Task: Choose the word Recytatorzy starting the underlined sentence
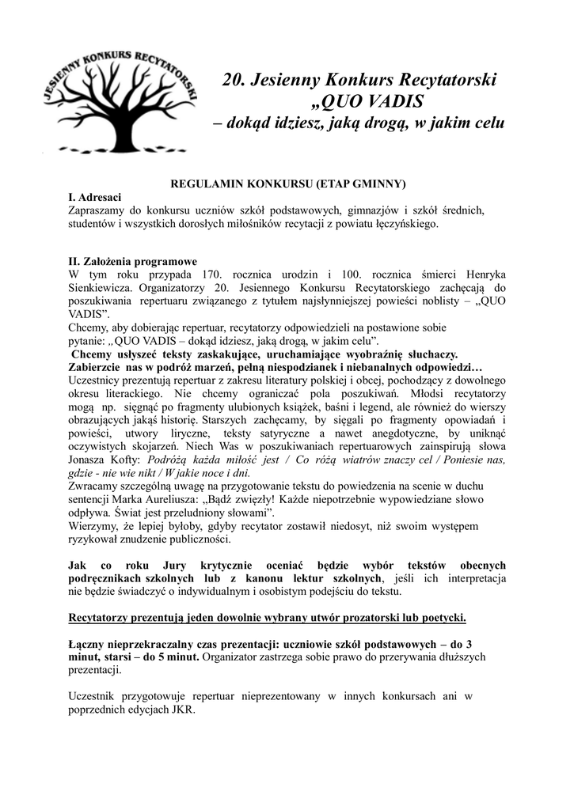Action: pyautogui.click(x=99, y=617)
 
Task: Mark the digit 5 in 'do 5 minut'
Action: pyautogui.click(x=146, y=657)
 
